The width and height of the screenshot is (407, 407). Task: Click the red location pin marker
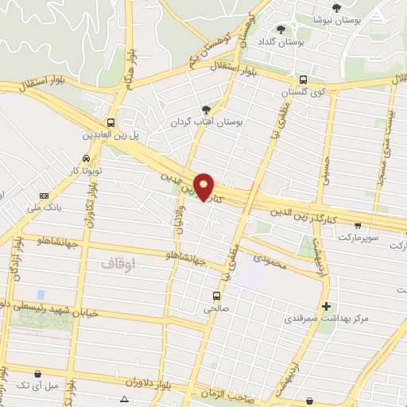point(204,186)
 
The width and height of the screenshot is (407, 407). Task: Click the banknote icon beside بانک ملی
point(44,195)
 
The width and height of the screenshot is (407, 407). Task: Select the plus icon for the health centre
point(324,306)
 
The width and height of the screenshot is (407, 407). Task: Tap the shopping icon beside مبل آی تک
point(38,373)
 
